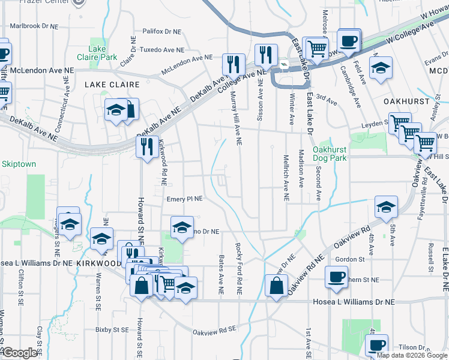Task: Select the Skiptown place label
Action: tap(19, 164)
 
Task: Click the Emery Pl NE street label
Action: tap(185, 199)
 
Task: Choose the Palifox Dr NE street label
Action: tap(161, 31)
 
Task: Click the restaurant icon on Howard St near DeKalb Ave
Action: tap(147, 146)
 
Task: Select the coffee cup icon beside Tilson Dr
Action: tap(377, 345)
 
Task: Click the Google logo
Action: tap(20, 353)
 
